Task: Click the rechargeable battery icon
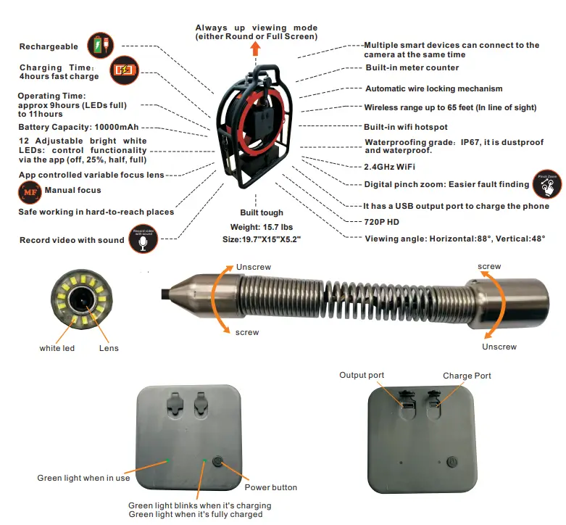pyautogui.click(x=99, y=45)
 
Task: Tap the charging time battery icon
pyautogui.click(x=121, y=70)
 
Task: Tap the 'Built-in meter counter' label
pyautogui.click(x=412, y=68)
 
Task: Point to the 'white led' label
pyautogui.click(x=57, y=349)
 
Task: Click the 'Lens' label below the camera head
pyautogui.click(x=109, y=349)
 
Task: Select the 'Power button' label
pyautogui.click(x=270, y=487)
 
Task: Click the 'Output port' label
pyautogui.click(x=362, y=375)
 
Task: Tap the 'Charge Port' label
pyautogui.click(x=467, y=376)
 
